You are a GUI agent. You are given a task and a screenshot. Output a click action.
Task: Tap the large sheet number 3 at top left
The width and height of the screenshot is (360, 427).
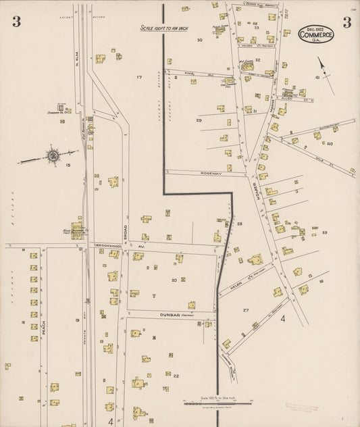click(16, 22)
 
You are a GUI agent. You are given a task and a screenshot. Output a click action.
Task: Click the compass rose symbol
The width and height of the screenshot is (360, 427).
click(52, 156)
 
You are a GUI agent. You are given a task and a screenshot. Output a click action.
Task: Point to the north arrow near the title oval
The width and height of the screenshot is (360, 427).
click(326, 74)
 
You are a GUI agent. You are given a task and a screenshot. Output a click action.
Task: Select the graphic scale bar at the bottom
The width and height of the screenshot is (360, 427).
click(217, 403)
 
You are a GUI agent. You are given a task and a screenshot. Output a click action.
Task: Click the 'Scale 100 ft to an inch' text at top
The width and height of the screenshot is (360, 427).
click(163, 28)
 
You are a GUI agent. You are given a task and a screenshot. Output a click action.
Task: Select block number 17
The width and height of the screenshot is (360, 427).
click(139, 78)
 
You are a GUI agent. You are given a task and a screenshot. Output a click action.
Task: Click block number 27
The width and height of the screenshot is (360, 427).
click(246, 310)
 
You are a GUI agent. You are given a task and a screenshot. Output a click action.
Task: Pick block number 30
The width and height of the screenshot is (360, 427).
click(199, 40)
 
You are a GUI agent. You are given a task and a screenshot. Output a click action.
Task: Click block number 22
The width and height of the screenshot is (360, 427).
click(176, 375)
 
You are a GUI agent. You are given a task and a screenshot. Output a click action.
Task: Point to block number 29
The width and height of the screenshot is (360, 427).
click(199, 120)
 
